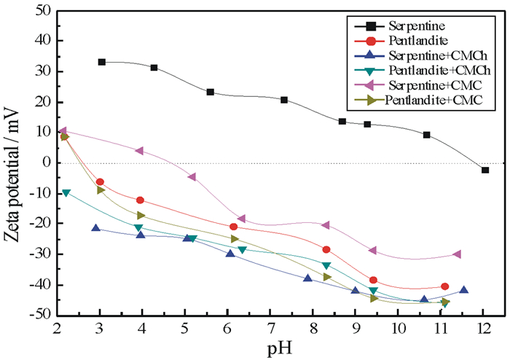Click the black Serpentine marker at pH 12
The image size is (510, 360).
coord(485,170)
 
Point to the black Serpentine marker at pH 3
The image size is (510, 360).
coord(102,62)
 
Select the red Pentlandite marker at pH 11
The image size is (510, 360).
coord(444,286)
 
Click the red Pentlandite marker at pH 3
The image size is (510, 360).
coord(100,182)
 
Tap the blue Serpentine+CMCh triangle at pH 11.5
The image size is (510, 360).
coord(463,289)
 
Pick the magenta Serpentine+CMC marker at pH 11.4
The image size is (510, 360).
coord(457,254)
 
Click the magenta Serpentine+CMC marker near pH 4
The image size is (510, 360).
coord(139,151)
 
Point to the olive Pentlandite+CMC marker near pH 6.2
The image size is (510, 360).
coord(235,239)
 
